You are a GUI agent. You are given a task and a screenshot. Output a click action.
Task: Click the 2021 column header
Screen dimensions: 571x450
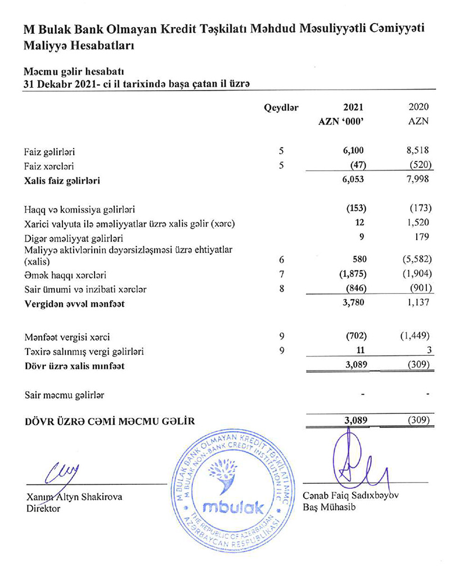click(x=353, y=106)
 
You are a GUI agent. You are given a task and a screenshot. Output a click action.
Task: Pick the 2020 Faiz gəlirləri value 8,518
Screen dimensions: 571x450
click(x=418, y=151)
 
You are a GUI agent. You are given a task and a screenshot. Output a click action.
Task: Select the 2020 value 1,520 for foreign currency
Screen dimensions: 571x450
click(x=418, y=224)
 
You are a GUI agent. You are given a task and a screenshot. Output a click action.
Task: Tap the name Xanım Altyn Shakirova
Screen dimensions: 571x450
click(x=74, y=497)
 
